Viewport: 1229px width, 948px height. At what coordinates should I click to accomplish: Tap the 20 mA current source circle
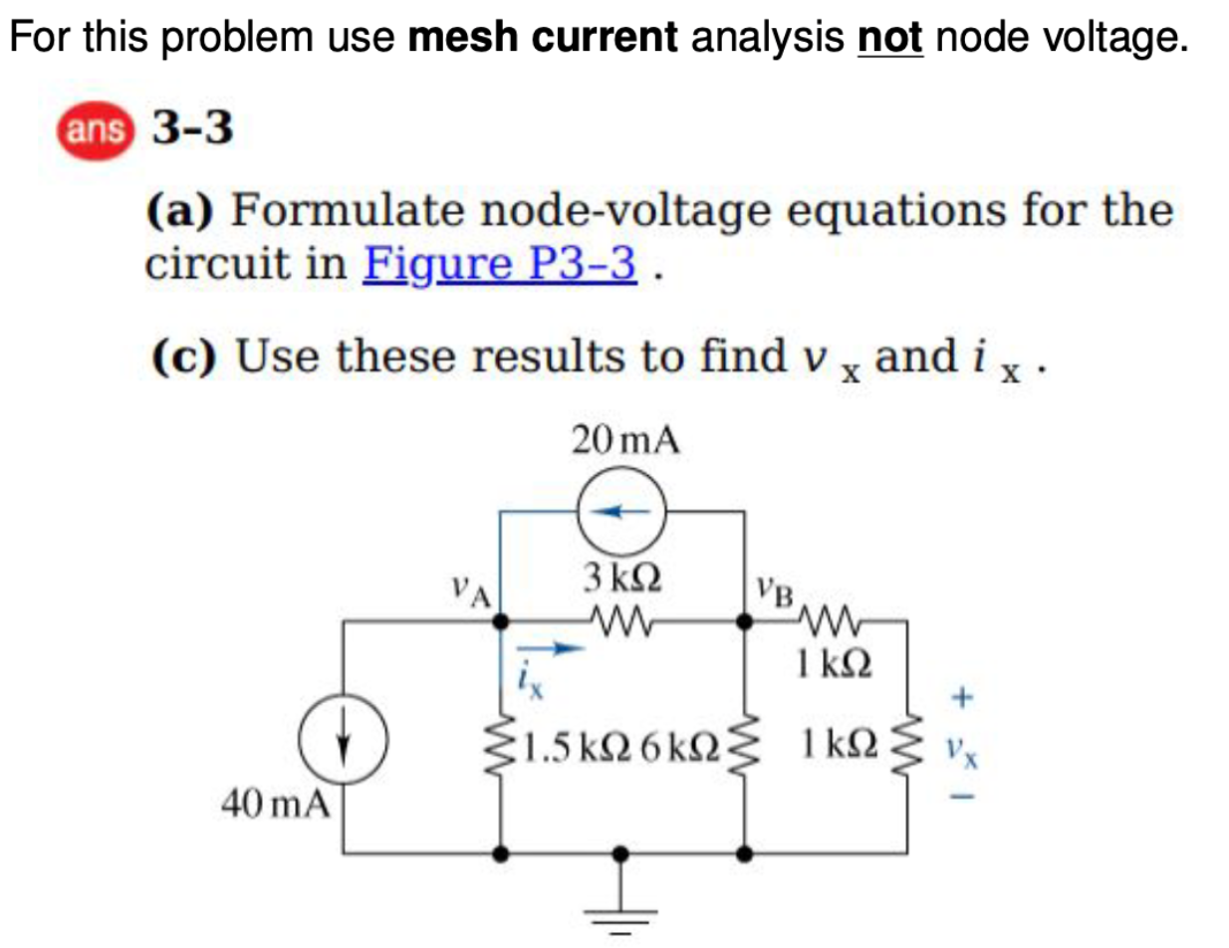pos(624,511)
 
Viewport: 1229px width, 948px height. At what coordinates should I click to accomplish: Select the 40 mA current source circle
pos(345,743)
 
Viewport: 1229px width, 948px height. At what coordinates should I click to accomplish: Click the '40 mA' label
pos(274,802)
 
